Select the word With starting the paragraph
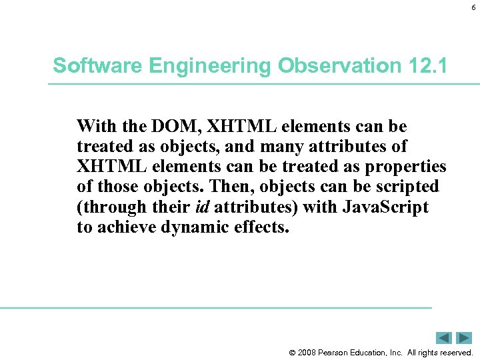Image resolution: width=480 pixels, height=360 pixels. point(95,126)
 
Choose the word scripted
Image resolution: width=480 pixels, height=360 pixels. point(406,186)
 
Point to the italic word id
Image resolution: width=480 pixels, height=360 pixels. point(203,206)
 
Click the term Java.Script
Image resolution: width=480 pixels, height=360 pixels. point(385,206)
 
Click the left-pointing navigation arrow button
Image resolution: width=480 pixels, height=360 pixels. point(445,338)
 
